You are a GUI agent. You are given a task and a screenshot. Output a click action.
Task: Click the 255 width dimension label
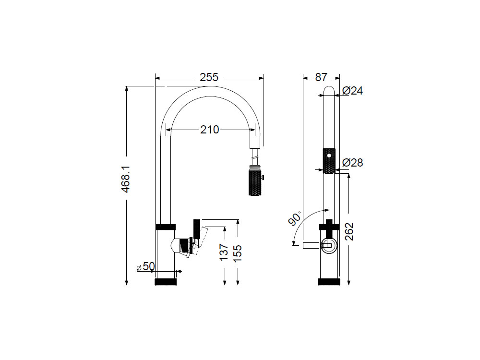tap(209, 77)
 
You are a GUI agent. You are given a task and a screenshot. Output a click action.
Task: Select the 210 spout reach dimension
tap(210, 130)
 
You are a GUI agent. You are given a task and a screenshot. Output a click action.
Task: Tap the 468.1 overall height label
tap(126, 179)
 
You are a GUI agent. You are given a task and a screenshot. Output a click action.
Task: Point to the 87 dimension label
tap(321, 77)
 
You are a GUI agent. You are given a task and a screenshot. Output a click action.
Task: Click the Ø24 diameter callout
tap(352, 91)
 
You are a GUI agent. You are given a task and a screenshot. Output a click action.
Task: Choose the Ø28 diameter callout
tap(352, 163)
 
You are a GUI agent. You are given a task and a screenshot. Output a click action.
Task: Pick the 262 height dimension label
tap(348, 231)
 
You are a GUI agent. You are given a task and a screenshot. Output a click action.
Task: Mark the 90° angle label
tap(295, 218)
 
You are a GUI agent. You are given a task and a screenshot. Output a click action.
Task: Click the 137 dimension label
tap(224, 252)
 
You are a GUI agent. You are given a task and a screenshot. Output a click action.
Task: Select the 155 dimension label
tap(237, 253)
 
